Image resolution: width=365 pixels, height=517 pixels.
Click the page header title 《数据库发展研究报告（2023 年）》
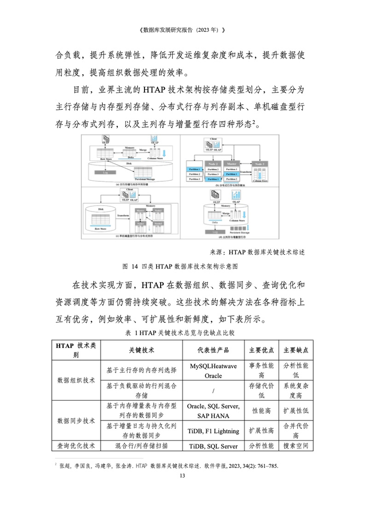(x=182, y=30)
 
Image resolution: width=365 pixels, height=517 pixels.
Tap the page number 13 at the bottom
(x=182, y=476)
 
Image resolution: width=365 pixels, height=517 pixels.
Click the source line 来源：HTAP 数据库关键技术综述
(x=258, y=252)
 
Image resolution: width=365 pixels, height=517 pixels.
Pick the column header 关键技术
(x=141, y=350)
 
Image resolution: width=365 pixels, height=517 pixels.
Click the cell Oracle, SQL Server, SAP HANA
(x=213, y=410)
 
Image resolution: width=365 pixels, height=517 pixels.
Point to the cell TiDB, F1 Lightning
(x=213, y=431)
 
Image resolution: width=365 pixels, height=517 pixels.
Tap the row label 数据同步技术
(x=76, y=420)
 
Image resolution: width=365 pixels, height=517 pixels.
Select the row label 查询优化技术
(x=76, y=446)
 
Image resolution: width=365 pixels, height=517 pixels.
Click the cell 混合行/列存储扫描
(x=141, y=446)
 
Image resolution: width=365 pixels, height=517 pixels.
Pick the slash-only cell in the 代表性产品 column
(x=213, y=391)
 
